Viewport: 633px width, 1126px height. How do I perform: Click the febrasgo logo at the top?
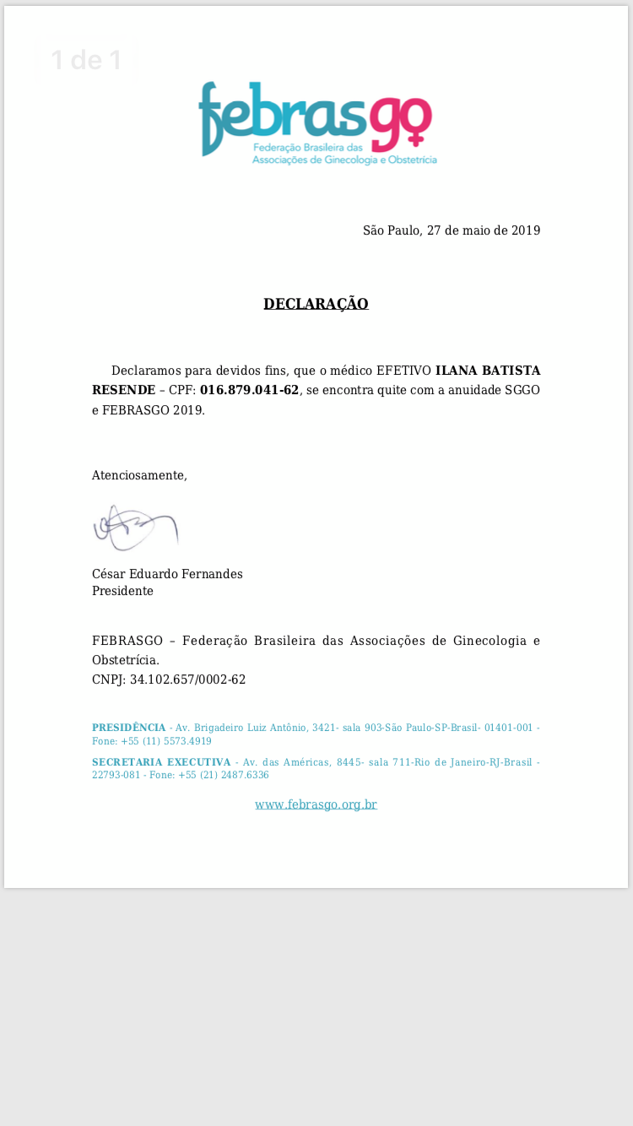click(x=316, y=122)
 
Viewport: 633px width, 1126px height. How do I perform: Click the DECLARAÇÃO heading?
click(x=316, y=304)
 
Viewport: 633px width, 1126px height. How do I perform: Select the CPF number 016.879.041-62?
click(x=249, y=390)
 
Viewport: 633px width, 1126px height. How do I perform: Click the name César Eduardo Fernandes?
click(x=167, y=574)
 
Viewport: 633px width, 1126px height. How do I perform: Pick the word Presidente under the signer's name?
click(x=122, y=591)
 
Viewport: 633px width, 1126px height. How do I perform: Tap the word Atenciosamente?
click(x=139, y=475)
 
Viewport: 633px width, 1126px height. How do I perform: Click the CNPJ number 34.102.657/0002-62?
click(x=187, y=679)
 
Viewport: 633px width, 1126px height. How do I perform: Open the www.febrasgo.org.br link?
click(x=316, y=804)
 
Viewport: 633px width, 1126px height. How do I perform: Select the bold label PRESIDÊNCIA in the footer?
click(x=128, y=728)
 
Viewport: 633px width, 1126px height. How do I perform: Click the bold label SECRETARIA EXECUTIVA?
click(x=160, y=762)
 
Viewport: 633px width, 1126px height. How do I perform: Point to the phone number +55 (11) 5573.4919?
click(x=166, y=741)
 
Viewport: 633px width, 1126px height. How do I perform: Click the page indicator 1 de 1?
click(x=86, y=61)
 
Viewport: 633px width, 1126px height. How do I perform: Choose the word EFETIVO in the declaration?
click(x=403, y=371)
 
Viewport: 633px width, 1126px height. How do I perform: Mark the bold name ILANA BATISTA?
click(x=487, y=371)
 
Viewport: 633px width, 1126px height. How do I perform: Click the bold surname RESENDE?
click(x=123, y=390)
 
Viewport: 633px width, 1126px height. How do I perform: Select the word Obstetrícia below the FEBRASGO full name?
click(x=125, y=660)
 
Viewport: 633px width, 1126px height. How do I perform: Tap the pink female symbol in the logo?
click(x=417, y=125)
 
